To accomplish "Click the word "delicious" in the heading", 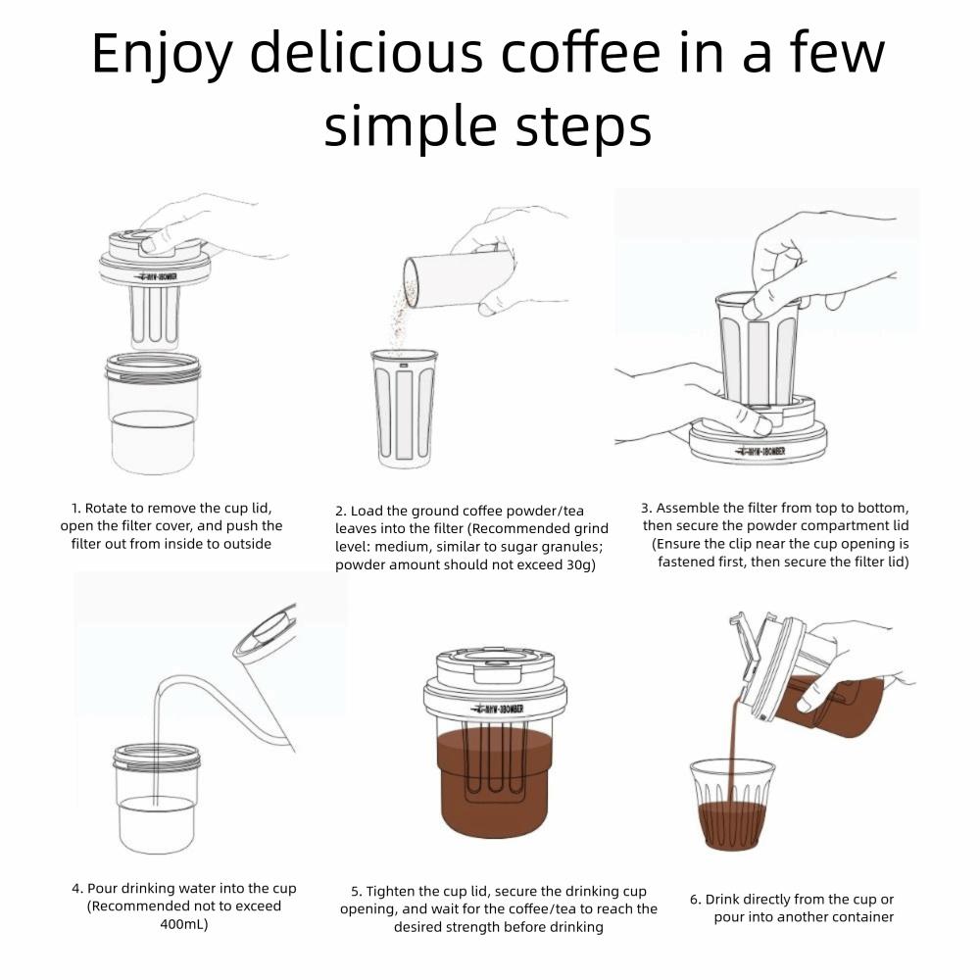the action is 367,53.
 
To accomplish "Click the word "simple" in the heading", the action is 410,126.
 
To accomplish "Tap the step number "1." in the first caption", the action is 75,508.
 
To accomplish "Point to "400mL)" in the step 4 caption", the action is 184,924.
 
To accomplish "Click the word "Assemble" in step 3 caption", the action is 687,508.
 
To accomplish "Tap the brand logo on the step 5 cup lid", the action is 498,709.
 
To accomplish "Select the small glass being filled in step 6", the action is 732,805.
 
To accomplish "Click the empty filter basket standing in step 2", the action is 404,408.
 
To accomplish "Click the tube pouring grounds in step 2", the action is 457,278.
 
